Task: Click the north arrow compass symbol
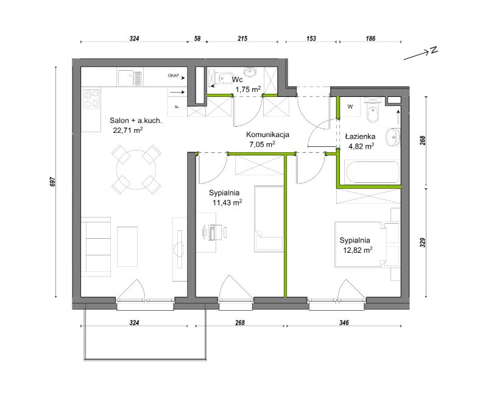coord(421,53)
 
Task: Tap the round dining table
coord(136,169)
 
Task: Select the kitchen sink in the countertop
coord(130,78)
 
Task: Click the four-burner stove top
coord(91,99)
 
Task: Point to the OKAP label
coord(173,76)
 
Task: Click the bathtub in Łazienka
coord(373,172)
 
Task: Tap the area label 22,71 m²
coord(128,130)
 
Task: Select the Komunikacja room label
coord(267,135)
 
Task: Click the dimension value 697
coord(52,182)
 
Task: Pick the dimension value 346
coord(344,322)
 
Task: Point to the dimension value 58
coord(197,38)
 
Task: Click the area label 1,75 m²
coord(248,90)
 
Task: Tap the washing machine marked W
coord(350,107)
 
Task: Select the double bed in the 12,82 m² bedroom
coord(361,245)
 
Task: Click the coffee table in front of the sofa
coord(127,247)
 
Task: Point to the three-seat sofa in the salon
coord(96,247)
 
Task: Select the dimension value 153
coord(311,38)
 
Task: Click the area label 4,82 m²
coord(361,146)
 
